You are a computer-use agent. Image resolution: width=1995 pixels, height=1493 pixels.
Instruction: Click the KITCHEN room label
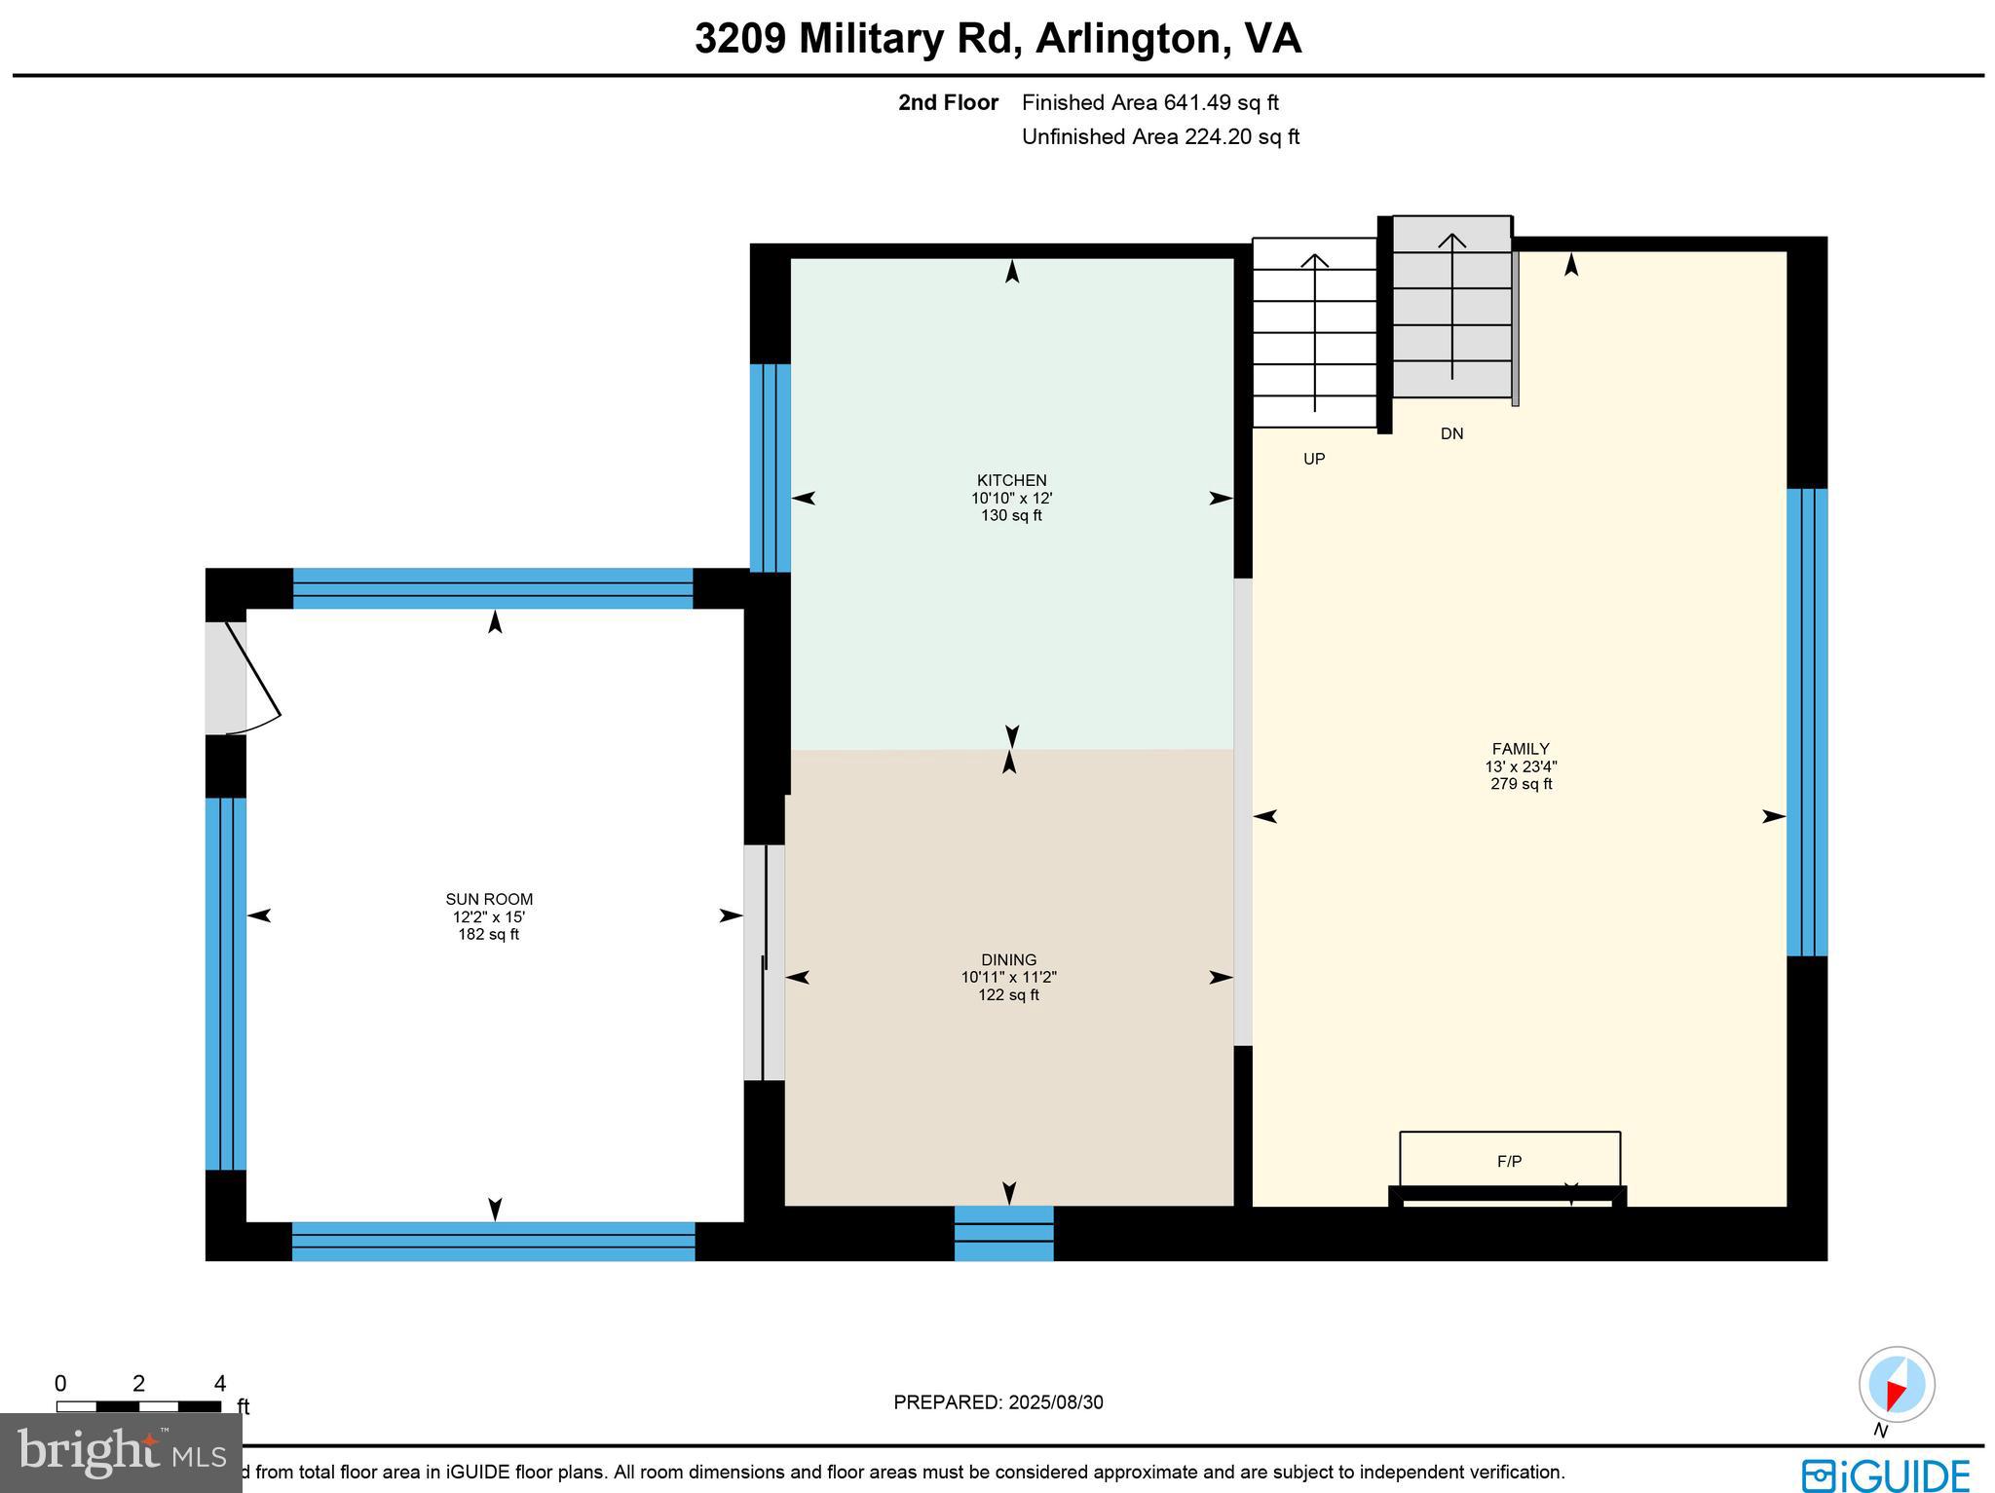pyautogui.click(x=1011, y=480)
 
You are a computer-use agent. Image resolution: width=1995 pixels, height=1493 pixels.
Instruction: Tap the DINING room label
pyautogui.click(x=1008, y=960)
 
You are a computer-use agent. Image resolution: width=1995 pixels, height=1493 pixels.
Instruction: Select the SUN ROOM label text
pyautogui.click(x=489, y=900)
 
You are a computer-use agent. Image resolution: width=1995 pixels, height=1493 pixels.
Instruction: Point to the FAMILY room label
pyautogui.click(x=1520, y=749)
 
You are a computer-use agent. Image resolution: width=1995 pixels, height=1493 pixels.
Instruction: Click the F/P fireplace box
pyautogui.click(x=1509, y=1160)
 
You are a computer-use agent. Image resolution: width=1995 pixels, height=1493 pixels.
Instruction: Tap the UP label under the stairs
pyautogui.click(x=1314, y=459)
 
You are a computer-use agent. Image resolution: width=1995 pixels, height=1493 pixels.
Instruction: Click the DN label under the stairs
pyautogui.click(x=1451, y=434)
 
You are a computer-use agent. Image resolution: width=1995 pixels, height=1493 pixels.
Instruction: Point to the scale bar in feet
pyautogui.click(x=138, y=1405)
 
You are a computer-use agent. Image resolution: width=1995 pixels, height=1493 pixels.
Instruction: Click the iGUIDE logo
pyautogui.click(x=1885, y=1474)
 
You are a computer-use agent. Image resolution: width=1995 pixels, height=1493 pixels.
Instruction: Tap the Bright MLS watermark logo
pyautogui.click(x=120, y=1452)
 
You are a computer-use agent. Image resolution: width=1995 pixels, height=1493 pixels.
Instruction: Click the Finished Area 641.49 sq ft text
pyautogui.click(x=1149, y=102)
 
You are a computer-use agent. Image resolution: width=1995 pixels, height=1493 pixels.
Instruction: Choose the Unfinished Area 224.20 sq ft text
pyautogui.click(x=1159, y=136)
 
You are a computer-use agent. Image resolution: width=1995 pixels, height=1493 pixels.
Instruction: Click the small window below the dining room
pyautogui.click(x=1003, y=1233)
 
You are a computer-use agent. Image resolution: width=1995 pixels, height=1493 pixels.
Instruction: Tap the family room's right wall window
pyautogui.click(x=1806, y=722)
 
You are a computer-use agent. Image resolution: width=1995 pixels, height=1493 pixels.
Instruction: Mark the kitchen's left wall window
pyautogui.click(x=770, y=467)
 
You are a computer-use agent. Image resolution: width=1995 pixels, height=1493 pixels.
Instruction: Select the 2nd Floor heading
pyautogui.click(x=948, y=102)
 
